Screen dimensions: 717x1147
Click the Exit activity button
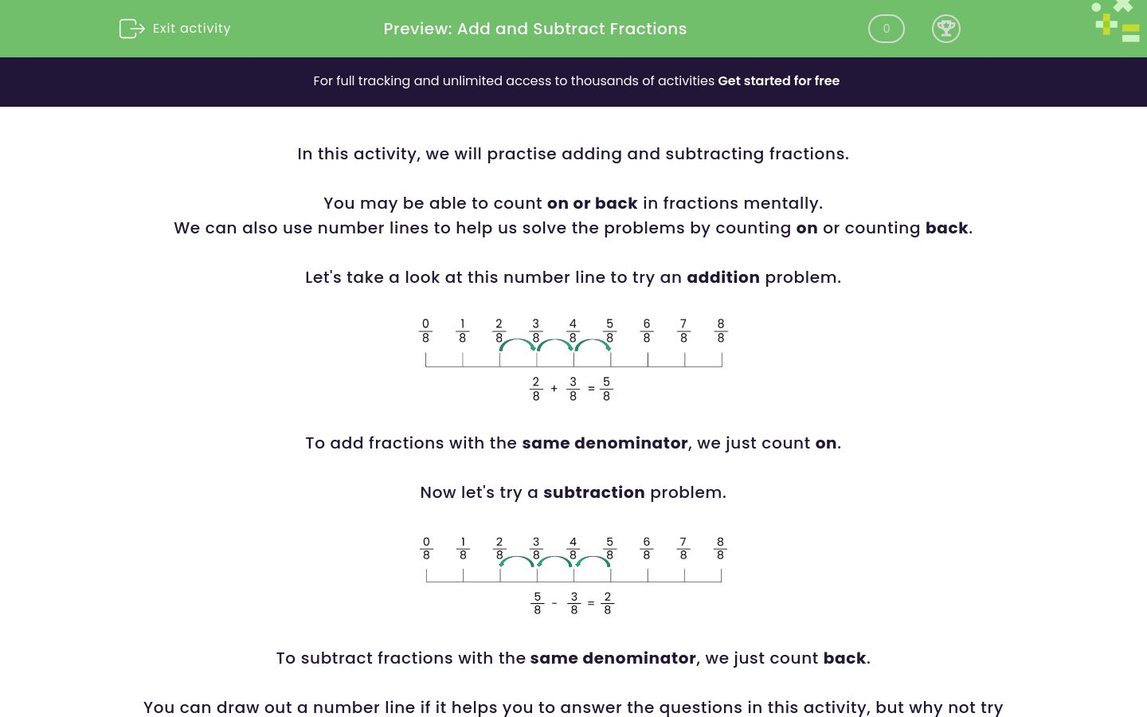click(175, 29)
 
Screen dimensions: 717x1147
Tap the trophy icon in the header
click(945, 29)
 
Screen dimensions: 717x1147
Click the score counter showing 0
click(886, 29)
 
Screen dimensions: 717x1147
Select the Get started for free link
click(778, 80)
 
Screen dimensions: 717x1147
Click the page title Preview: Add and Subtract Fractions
click(534, 29)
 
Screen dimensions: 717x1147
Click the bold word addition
click(722, 277)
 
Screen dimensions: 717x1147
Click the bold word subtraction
click(593, 492)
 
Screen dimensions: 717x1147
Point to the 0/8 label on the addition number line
click(425, 331)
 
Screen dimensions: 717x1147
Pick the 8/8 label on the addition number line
click(721, 331)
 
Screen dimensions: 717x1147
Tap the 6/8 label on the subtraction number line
click(646, 548)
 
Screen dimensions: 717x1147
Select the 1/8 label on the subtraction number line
click(463, 548)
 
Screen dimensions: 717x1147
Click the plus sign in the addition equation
click(554, 389)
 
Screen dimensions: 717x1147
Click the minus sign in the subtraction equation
click(554, 603)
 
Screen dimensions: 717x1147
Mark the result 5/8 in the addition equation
click(606, 389)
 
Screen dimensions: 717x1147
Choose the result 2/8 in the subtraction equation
click(607, 603)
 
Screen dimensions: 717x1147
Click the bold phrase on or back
click(592, 203)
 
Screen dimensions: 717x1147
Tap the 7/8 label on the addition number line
click(683, 331)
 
